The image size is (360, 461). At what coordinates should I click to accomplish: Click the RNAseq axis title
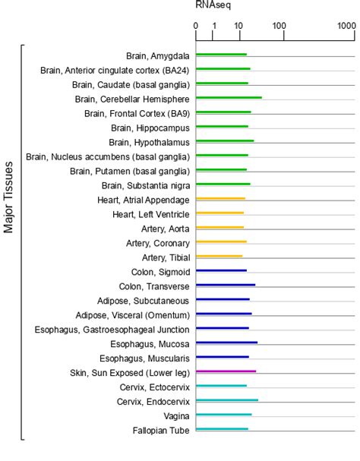(x=213, y=6)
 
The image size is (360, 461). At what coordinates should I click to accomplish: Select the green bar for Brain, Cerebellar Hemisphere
(x=229, y=98)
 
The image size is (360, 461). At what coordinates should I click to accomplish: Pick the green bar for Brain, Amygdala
(x=221, y=55)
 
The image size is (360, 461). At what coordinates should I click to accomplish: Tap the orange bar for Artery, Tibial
(x=219, y=257)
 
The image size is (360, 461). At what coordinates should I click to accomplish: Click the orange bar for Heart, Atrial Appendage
(x=220, y=199)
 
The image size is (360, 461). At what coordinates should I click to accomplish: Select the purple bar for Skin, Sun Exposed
(x=226, y=372)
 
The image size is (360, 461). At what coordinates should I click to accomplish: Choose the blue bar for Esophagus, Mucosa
(x=226, y=343)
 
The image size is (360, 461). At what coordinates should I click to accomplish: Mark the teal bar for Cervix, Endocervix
(x=226, y=400)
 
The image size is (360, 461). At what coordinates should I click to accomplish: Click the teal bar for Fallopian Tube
(x=222, y=429)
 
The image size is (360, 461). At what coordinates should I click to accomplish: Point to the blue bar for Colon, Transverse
(x=226, y=286)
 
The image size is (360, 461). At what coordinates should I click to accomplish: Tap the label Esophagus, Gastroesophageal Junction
(x=112, y=329)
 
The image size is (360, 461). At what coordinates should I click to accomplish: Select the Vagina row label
(x=175, y=415)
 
